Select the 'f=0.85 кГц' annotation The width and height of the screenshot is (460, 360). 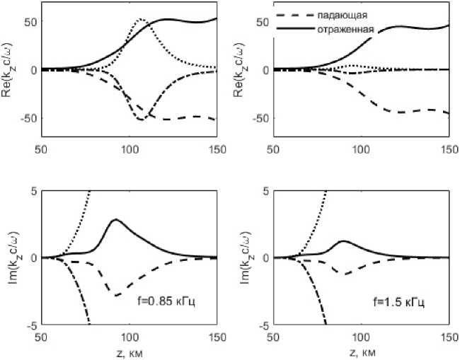tap(166, 301)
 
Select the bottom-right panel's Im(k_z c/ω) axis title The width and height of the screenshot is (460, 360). tap(243, 257)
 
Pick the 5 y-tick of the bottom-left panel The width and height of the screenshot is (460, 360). tap(32, 191)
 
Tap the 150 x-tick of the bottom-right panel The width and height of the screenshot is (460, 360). tap(449, 338)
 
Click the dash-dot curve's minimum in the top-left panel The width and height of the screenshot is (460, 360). tap(142, 120)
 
